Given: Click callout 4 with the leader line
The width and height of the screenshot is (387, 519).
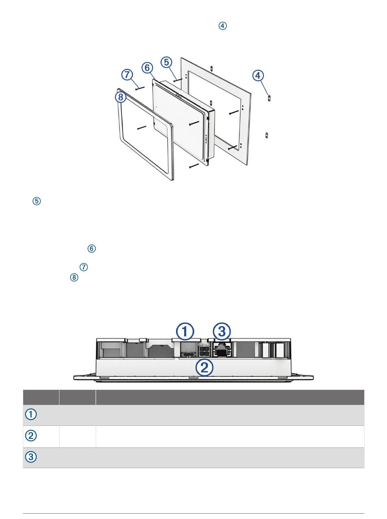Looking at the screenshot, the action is click(258, 76).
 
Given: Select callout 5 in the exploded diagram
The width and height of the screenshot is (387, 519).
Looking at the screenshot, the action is click(166, 62).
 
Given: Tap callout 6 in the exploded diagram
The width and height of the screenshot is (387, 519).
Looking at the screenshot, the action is click(147, 68).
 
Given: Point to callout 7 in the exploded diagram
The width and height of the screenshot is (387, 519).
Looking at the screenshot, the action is click(127, 75).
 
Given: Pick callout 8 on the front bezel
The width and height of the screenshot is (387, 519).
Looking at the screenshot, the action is click(121, 97).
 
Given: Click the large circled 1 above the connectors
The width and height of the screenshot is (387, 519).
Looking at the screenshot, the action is click(185, 331).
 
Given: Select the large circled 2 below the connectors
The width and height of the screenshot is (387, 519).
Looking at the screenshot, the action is click(204, 368).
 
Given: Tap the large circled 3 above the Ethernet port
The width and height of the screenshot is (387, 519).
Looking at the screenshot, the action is click(222, 331).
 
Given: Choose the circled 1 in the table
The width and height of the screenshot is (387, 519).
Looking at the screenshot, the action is click(31, 414).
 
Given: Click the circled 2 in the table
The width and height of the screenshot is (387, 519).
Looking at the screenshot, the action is click(31, 436).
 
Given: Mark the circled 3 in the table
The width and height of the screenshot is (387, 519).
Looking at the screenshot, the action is click(31, 457).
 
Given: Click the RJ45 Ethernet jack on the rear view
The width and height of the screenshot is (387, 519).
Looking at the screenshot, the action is click(221, 350).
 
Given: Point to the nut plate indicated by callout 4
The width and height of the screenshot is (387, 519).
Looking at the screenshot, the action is click(269, 98).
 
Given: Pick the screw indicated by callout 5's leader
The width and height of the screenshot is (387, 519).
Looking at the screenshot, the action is click(178, 80).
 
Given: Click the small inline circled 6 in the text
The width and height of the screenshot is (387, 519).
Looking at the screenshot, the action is click(92, 249).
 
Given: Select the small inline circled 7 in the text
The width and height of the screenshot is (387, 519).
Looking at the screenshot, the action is click(84, 267).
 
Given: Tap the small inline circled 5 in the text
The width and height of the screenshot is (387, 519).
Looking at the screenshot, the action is click(37, 201).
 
